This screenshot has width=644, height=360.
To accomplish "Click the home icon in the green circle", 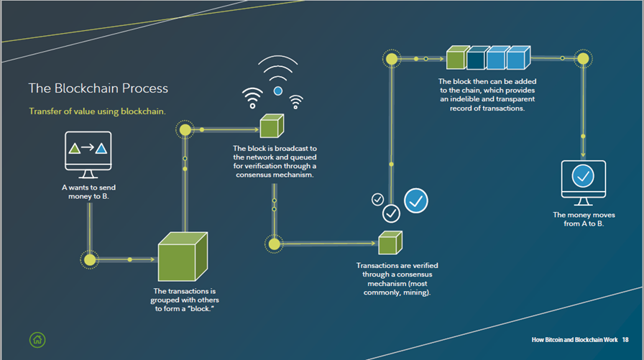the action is point(37,340).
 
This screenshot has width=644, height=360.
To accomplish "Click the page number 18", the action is point(625,340).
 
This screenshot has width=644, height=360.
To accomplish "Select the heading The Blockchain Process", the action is point(98,88).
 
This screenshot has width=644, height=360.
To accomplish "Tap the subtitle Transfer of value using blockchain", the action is point(97,111).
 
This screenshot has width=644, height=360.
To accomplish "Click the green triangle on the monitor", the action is point(74,148).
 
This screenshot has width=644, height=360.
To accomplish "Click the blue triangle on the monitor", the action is point(101,148).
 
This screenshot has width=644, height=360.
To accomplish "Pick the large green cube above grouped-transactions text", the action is point(183,257).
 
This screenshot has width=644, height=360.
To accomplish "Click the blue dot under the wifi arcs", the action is point(278,91).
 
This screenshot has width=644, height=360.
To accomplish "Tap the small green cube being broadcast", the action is point(272,126).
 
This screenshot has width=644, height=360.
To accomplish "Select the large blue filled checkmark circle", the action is point(416,200).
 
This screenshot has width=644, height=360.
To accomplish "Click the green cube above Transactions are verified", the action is point(390,243).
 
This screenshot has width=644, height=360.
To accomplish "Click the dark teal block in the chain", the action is point(477,58).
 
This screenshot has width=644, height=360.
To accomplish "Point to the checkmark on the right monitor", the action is point(583,176).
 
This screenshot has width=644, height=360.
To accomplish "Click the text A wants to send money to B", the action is point(88,192).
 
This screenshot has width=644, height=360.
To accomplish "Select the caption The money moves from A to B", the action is point(584,219).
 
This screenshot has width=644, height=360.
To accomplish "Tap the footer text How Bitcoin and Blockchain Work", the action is point(574,340).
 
